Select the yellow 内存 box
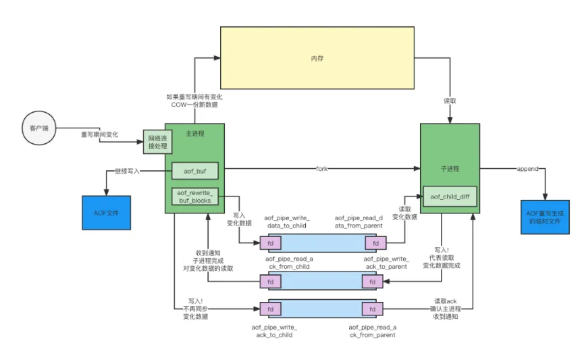coord(317,59)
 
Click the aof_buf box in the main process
coord(194,172)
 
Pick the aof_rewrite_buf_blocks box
coord(194,197)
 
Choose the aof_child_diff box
coord(450,197)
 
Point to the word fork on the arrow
coord(321,168)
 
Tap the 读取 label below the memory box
coord(450,101)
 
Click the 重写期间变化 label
coord(99,134)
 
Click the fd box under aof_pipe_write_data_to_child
coord(269,242)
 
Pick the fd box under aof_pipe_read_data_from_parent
coord(372,242)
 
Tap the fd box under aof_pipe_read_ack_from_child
coord(269,281)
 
